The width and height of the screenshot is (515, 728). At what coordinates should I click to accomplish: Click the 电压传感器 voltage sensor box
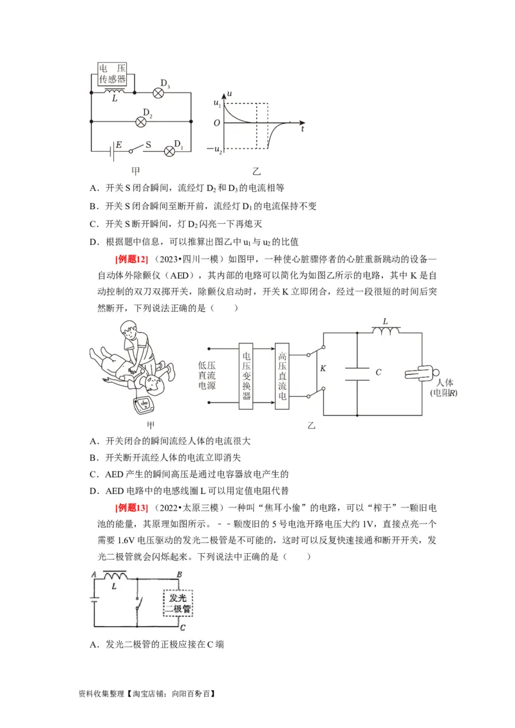[x=112, y=74]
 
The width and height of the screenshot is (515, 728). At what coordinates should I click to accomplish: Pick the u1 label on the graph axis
[x=217, y=103]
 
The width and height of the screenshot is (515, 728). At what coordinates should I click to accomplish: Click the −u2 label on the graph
[x=214, y=150]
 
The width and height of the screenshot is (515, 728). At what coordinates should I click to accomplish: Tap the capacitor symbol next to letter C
[x=356, y=373]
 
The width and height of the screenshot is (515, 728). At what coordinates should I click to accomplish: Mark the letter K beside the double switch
[x=324, y=369]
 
